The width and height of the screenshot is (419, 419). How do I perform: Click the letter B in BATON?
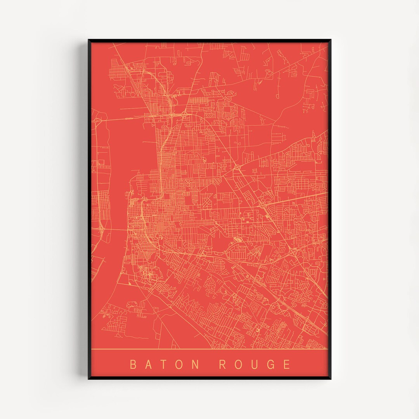[133, 365]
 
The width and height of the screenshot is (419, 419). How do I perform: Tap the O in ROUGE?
[239, 365]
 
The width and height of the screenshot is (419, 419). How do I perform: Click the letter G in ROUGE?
[271, 365]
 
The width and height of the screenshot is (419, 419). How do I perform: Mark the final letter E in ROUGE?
[287, 365]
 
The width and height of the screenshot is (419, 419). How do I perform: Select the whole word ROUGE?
[255, 365]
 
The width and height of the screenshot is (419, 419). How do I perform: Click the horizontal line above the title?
[209, 350]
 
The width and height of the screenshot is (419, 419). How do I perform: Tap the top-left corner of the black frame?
[89, 40]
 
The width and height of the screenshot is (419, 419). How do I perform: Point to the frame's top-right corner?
[330, 40]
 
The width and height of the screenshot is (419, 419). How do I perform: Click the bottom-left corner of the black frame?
[89, 378]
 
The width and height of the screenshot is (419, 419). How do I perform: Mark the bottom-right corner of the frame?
[330, 378]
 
